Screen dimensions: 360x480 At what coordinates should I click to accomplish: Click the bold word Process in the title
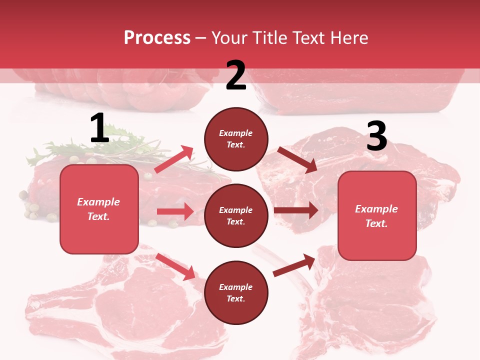[x=157, y=38]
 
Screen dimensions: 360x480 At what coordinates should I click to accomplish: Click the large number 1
[x=99, y=128]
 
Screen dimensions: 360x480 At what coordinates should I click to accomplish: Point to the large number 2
[x=236, y=75]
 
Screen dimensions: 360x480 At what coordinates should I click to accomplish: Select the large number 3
[x=376, y=136]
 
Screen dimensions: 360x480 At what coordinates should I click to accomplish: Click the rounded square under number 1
[x=99, y=209]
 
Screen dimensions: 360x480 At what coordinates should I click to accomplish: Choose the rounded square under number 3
[x=377, y=215]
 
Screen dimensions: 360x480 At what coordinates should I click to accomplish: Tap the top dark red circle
[x=236, y=138]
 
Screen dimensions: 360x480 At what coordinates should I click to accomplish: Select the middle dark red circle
[x=236, y=215]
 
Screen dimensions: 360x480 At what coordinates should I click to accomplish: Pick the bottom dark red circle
[x=236, y=292]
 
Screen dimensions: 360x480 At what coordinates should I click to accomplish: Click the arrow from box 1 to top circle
[x=174, y=159]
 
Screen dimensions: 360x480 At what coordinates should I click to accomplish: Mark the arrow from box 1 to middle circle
[x=175, y=211]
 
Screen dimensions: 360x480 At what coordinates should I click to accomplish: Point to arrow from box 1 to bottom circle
[x=175, y=266]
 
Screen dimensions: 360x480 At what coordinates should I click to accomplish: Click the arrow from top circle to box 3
[x=297, y=160]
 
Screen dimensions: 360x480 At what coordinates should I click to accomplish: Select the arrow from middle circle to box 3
[x=295, y=210]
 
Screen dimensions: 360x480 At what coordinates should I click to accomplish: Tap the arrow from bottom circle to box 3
[x=294, y=265]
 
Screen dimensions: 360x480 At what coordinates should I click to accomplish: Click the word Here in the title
[x=349, y=38]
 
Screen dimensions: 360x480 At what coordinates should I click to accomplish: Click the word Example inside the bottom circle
[x=236, y=287]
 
